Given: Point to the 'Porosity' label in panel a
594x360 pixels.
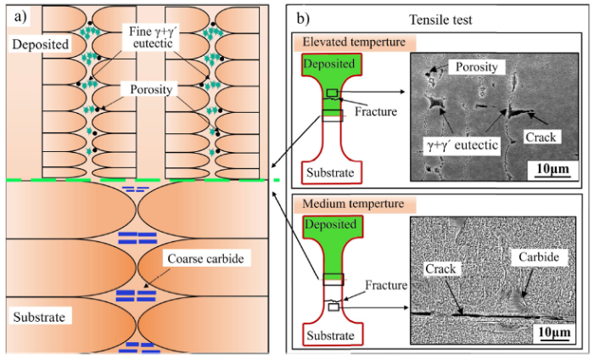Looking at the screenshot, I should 153,89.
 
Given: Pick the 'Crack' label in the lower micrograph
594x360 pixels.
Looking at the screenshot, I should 440,269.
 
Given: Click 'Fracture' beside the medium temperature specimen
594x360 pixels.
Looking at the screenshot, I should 373,288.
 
